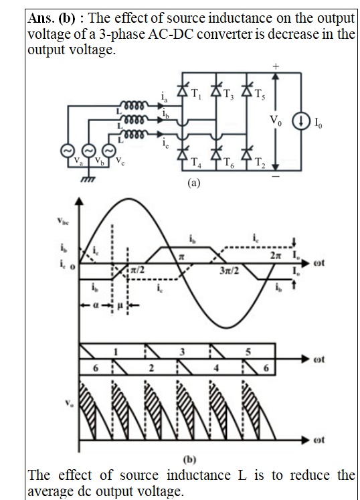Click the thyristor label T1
click(196, 94)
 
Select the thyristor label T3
click(228, 94)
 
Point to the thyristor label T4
click(196, 163)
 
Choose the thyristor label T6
click(229, 163)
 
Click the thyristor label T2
click(260, 163)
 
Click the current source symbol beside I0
click(300, 122)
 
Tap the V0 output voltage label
click(276, 120)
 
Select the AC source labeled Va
click(68, 151)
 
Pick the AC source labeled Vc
click(108, 151)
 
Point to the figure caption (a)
click(194, 183)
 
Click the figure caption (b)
click(190, 459)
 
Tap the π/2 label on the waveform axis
click(138, 270)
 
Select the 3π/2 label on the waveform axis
click(229, 270)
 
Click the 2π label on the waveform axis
click(276, 256)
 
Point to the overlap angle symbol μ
click(120, 305)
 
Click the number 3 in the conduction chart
click(182, 351)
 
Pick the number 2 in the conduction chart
click(151, 368)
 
